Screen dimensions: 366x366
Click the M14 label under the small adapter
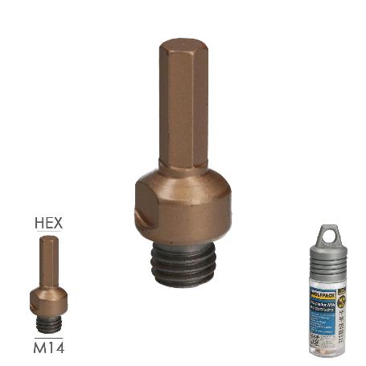[49, 348]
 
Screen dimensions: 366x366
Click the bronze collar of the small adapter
[49, 301]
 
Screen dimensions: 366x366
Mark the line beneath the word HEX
[49, 232]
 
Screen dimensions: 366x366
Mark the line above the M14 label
[49, 338]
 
